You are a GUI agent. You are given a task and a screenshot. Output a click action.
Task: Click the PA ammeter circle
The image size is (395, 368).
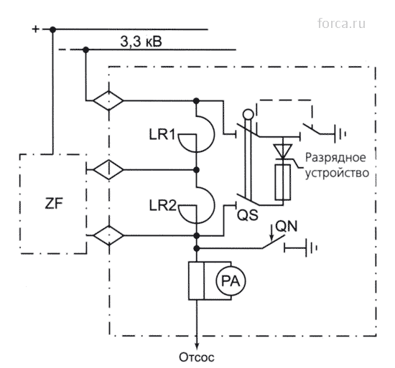(x=231, y=281)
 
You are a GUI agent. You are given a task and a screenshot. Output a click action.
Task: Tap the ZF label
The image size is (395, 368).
(x=54, y=203)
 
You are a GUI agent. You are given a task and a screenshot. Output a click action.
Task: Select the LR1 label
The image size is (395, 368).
(x=162, y=135)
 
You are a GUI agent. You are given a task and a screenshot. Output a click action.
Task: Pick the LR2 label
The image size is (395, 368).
(x=163, y=205)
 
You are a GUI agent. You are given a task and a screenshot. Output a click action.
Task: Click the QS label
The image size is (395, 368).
(x=248, y=215)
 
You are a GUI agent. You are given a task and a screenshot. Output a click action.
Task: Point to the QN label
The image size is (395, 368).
(x=287, y=227)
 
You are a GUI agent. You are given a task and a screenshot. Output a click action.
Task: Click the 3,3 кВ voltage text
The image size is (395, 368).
(x=141, y=42)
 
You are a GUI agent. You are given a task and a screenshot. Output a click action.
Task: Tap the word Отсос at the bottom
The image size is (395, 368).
(x=197, y=357)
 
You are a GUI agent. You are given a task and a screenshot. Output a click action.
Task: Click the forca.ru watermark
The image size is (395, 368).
(x=341, y=24)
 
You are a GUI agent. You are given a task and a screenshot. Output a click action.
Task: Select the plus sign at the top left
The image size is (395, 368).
(x=35, y=29)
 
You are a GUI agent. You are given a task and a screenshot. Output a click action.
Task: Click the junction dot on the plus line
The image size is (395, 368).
(x=52, y=29)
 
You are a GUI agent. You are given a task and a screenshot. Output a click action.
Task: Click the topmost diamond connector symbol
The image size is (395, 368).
(x=108, y=100)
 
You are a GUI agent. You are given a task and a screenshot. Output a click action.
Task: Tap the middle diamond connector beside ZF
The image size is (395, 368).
(x=108, y=169)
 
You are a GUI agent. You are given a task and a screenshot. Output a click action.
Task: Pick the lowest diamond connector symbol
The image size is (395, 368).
(x=109, y=235)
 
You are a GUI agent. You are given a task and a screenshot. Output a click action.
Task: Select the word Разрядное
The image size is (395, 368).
(x=335, y=158)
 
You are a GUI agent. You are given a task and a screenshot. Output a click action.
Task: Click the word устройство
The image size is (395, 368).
(x=338, y=173)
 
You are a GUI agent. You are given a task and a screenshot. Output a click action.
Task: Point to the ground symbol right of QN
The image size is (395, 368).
(x=311, y=248)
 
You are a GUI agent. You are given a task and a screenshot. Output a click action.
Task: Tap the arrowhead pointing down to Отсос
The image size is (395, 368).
(x=197, y=345)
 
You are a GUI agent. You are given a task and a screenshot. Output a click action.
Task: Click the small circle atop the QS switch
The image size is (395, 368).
(x=248, y=115)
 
